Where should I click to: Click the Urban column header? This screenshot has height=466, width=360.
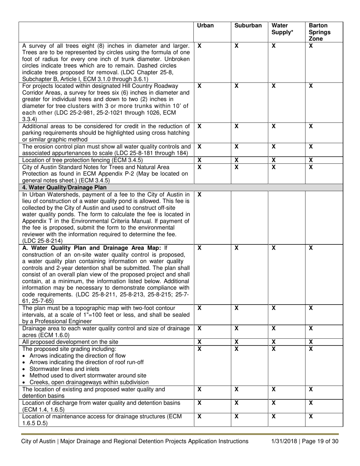coord(205,26)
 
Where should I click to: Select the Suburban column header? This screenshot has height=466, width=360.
coord(248,26)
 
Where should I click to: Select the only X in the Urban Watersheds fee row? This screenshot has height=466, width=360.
coord(199,194)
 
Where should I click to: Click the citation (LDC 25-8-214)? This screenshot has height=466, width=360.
coord(40,241)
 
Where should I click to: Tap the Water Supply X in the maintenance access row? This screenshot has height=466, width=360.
coord(273,416)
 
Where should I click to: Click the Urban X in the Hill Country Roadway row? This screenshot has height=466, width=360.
coord(199,86)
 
